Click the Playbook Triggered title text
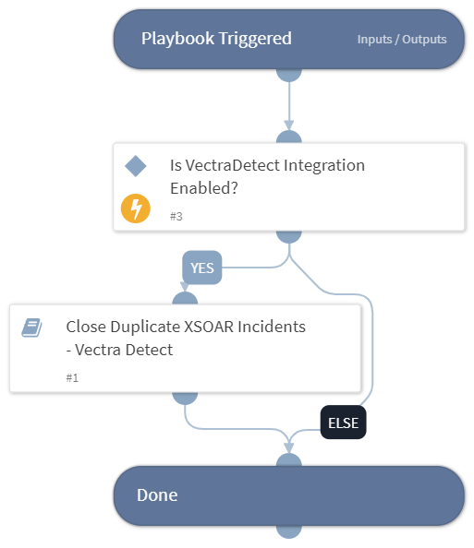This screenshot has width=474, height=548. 216,39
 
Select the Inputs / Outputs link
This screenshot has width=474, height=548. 402,40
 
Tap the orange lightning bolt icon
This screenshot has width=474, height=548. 136,208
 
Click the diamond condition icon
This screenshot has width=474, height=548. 136,166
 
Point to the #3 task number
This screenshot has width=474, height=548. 176,216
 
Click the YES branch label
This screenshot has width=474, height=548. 201,268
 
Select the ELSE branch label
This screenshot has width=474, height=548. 343,423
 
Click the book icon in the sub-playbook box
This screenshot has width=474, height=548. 32,327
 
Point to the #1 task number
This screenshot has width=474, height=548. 72,378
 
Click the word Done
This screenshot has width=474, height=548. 157,494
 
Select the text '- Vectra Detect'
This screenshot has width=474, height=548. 119,350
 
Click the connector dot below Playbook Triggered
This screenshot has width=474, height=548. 289,73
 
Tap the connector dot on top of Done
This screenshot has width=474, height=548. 289,461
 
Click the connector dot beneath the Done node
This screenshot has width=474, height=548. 289,530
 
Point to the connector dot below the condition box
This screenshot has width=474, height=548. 289,234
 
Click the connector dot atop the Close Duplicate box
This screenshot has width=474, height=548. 185,300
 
